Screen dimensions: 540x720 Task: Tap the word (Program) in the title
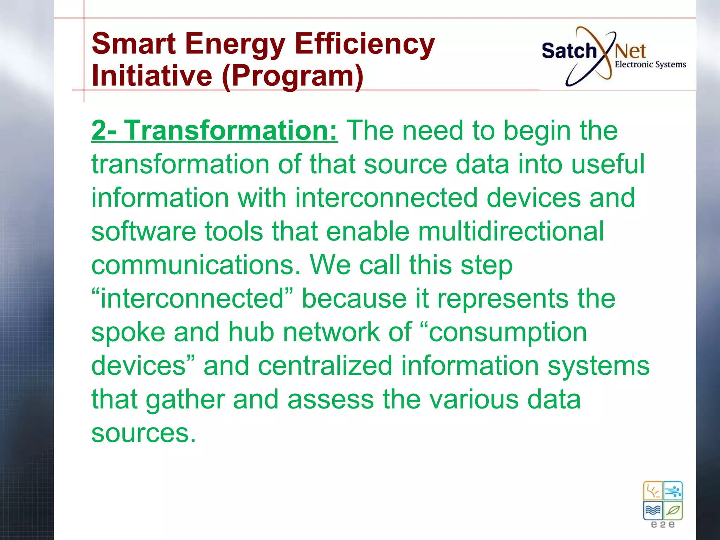click(x=292, y=76)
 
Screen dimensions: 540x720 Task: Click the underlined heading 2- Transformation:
click(x=214, y=131)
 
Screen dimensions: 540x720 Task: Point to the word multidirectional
click(x=511, y=231)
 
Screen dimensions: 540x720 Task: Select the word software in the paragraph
click(x=143, y=231)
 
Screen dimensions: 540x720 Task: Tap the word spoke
click(x=128, y=332)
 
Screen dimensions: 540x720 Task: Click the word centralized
click(x=325, y=366)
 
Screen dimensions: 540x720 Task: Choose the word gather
click(x=185, y=400)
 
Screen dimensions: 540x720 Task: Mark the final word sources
click(x=143, y=433)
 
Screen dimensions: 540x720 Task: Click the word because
click(x=354, y=299)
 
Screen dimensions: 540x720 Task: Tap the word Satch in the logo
click(x=568, y=51)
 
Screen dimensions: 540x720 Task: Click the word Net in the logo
click(x=630, y=52)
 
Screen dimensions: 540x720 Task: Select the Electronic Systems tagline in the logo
click(x=650, y=64)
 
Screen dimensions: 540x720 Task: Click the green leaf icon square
click(x=673, y=510)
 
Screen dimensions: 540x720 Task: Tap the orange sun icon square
click(x=653, y=491)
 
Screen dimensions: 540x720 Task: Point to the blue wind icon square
click(x=673, y=491)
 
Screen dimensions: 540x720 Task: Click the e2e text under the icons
click(x=663, y=525)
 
